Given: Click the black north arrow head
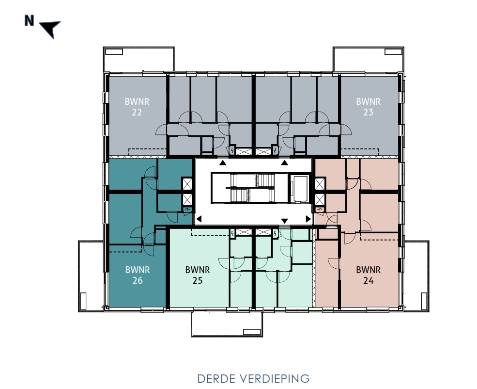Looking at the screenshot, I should tap(50, 29).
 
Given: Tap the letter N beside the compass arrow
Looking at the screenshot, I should tap(30, 21).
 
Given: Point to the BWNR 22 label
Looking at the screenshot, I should tap(137, 107).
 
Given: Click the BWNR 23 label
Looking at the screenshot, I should tap(368, 107).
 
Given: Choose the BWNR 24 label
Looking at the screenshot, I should tap(368, 275).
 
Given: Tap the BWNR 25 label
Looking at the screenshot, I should tap(197, 275).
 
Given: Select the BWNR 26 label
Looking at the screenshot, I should tap(138, 275).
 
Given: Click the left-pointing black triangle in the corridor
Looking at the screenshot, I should tap(198, 219).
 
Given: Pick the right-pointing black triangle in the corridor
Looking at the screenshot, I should tap(308, 219).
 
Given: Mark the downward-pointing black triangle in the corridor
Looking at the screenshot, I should tap(285, 221).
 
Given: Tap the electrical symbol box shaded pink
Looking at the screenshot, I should tap(320, 210).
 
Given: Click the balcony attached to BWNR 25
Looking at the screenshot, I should tap(227, 324).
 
